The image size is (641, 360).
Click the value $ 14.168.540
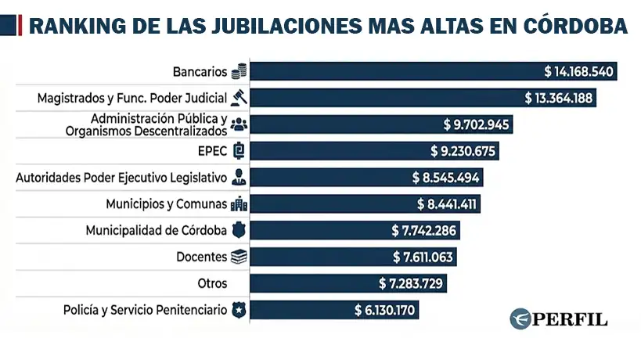[x=580, y=71]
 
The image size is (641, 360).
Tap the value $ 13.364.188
[x=559, y=98]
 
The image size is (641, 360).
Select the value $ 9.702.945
[x=476, y=124]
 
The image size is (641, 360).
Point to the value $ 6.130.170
[x=384, y=310]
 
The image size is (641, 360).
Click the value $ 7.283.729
[x=410, y=283]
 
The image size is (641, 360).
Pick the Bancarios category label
[x=200, y=72]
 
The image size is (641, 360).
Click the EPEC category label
[x=213, y=150]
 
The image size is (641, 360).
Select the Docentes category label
[x=201, y=257]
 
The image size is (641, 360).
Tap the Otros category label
[x=214, y=283]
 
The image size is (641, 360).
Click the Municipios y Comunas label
[x=166, y=203]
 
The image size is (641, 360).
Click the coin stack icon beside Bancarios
[x=239, y=72]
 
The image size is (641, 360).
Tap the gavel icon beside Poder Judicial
[x=239, y=98]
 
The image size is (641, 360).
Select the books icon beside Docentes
[x=239, y=257]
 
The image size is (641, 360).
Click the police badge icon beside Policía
[x=239, y=310]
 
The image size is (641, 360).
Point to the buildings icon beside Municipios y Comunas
[x=239, y=204]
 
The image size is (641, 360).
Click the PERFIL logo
[x=558, y=319]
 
